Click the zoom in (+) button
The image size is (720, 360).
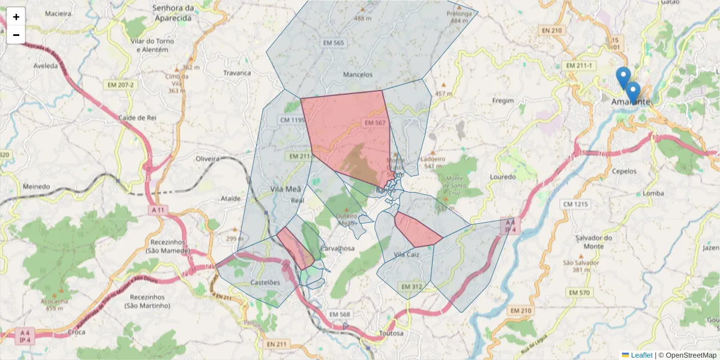point(16,17)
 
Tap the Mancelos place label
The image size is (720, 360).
point(358,74)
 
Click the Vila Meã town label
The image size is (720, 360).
point(285,189)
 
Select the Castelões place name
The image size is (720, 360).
point(265,282)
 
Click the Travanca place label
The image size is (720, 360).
point(237,73)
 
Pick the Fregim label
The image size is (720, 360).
point(503,100)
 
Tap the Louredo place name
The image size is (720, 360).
point(503,177)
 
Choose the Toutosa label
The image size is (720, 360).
point(392,333)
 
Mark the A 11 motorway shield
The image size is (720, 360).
point(158,211)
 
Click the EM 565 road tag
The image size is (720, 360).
point(334,43)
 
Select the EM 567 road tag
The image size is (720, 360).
point(374,122)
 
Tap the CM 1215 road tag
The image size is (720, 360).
point(575,204)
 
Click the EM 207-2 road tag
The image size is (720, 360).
point(121,85)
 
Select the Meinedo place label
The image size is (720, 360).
point(36,187)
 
